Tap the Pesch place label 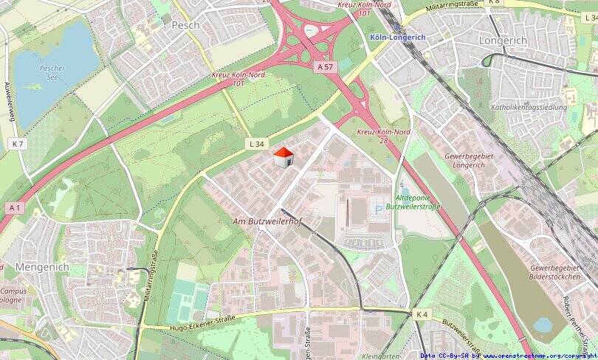(185, 24)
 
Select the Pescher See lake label (52, 72)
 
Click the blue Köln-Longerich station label (397, 38)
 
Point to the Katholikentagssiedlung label (529, 108)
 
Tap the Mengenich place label (41, 267)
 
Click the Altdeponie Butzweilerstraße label (418, 203)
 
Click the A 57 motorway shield (326, 67)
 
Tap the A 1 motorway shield (14, 208)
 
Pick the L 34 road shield (255, 144)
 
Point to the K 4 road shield (421, 314)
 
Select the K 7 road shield (18, 144)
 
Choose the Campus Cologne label (13, 296)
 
